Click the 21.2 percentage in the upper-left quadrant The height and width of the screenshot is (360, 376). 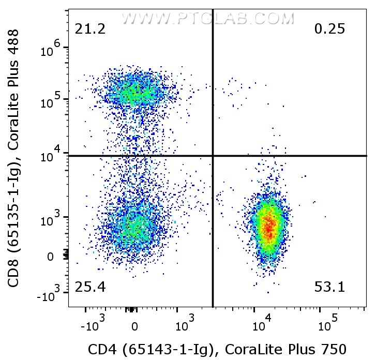[x=90, y=29]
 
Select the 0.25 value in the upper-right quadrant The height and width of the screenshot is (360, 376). [x=329, y=29]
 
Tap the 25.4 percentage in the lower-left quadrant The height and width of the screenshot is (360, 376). [x=90, y=287]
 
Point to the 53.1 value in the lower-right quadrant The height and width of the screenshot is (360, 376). [x=329, y=287]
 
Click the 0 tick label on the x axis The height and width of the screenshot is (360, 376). [x=134, y=327]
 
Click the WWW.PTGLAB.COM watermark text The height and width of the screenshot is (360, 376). [x=207, y=19]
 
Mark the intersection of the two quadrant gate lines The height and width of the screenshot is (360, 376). [x=213, y=156]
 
